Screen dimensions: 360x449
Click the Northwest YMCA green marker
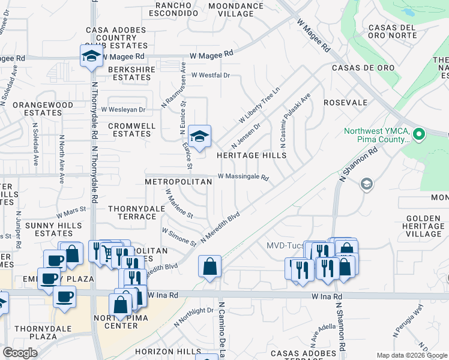point(420,134)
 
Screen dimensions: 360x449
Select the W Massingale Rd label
point(243,177)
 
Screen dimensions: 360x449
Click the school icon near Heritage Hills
point(199,135)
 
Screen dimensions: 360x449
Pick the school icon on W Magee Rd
point(91,56)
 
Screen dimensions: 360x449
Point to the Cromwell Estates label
point(131,130)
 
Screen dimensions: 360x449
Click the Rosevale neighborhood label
point(345,103)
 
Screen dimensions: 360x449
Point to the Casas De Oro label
point(363,68)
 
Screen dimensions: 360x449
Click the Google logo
point(20,353)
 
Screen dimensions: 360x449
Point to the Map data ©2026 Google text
point(412,355)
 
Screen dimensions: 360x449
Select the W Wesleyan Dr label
point(123,110)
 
